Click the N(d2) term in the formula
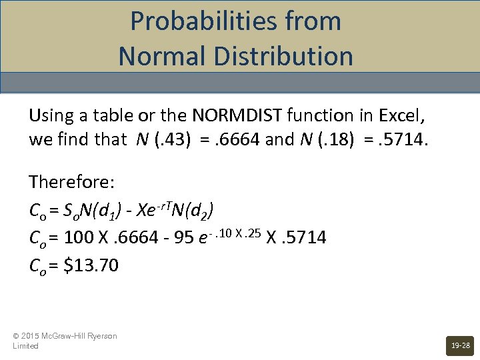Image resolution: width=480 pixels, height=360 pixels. [194, 210]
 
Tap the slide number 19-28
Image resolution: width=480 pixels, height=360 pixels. [461, 346]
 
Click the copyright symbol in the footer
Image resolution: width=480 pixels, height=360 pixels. [16, 336]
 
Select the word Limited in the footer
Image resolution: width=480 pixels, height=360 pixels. [25, 346]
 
